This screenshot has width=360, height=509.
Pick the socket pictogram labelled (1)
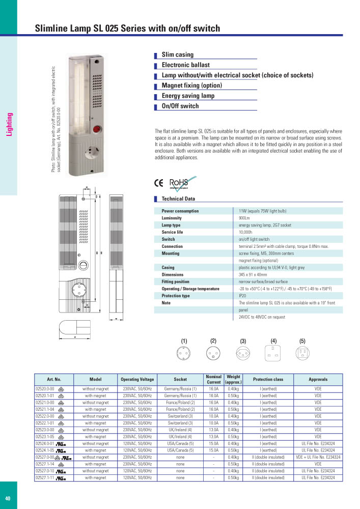[x=184, y=352]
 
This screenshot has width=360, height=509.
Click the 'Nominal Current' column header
[x=213, y=379]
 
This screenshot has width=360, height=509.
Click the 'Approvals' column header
[x=318, y=379]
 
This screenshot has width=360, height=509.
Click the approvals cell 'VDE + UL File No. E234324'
[x=318, y=458]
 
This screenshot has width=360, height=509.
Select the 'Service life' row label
[x=172, y=232]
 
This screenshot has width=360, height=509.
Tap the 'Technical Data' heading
[x=178, y=199]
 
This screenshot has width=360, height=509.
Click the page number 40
[x=8, y=498]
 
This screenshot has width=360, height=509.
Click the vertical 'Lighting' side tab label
[x=9, y=125]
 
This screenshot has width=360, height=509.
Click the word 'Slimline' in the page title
[x=52, y=29]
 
